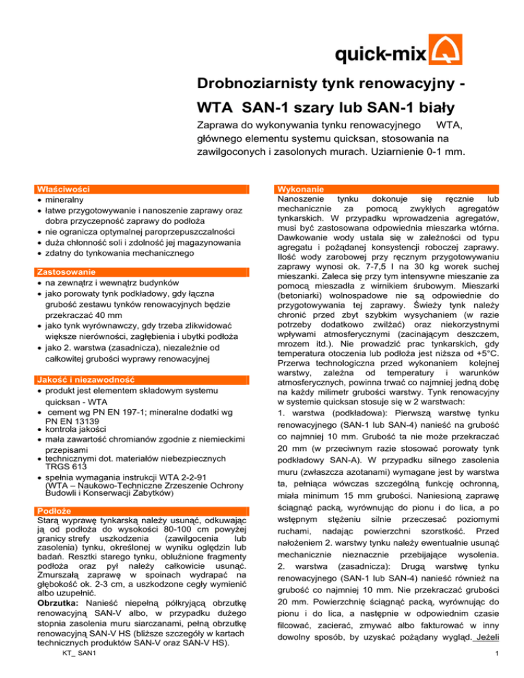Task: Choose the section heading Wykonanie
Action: pyautogui.click(x=301, y=188)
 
